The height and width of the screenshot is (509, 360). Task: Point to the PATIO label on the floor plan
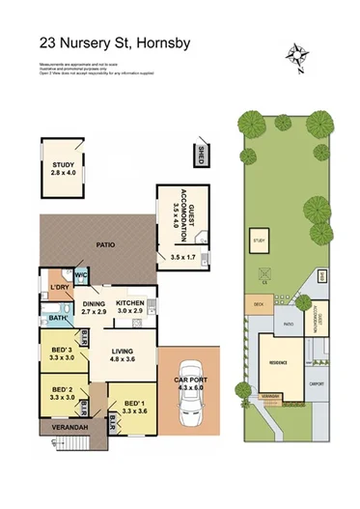pyautogui.click(x=106, y=245)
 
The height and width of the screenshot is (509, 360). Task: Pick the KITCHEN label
pyautogui.click(x=132, y=303)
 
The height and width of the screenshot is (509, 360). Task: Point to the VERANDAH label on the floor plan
pyautogui.click(x=65, y=427)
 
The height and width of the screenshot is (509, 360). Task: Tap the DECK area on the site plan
pyautogui.click(x=259, y=304)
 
